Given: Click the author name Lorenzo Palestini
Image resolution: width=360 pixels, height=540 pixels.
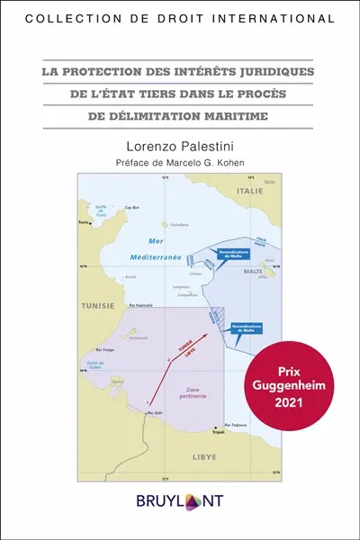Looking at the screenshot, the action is click(180, 143).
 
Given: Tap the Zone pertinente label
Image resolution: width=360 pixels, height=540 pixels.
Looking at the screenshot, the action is click(186, 392).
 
